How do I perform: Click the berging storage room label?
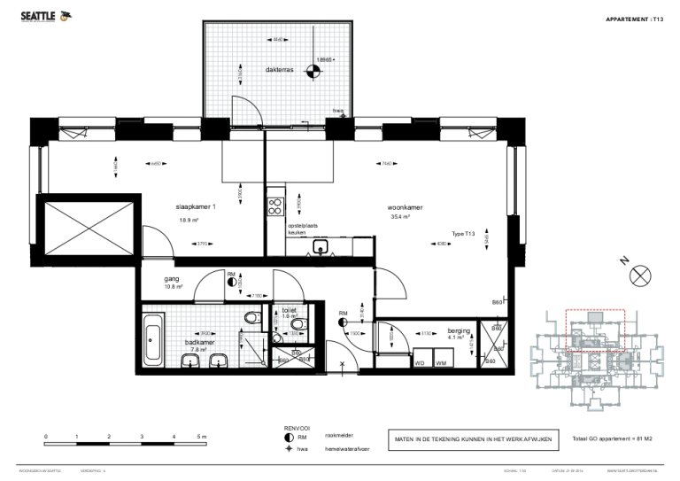coord(458,327)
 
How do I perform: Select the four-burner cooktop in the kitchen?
coord(274,206)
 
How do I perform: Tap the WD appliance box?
coord(419,361)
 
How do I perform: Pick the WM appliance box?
coord(440,361)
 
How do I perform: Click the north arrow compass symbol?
coord(639,277)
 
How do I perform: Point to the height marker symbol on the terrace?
coord(313,72)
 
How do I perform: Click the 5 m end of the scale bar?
coord(203,437)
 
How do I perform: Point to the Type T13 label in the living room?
coord(463,234)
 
